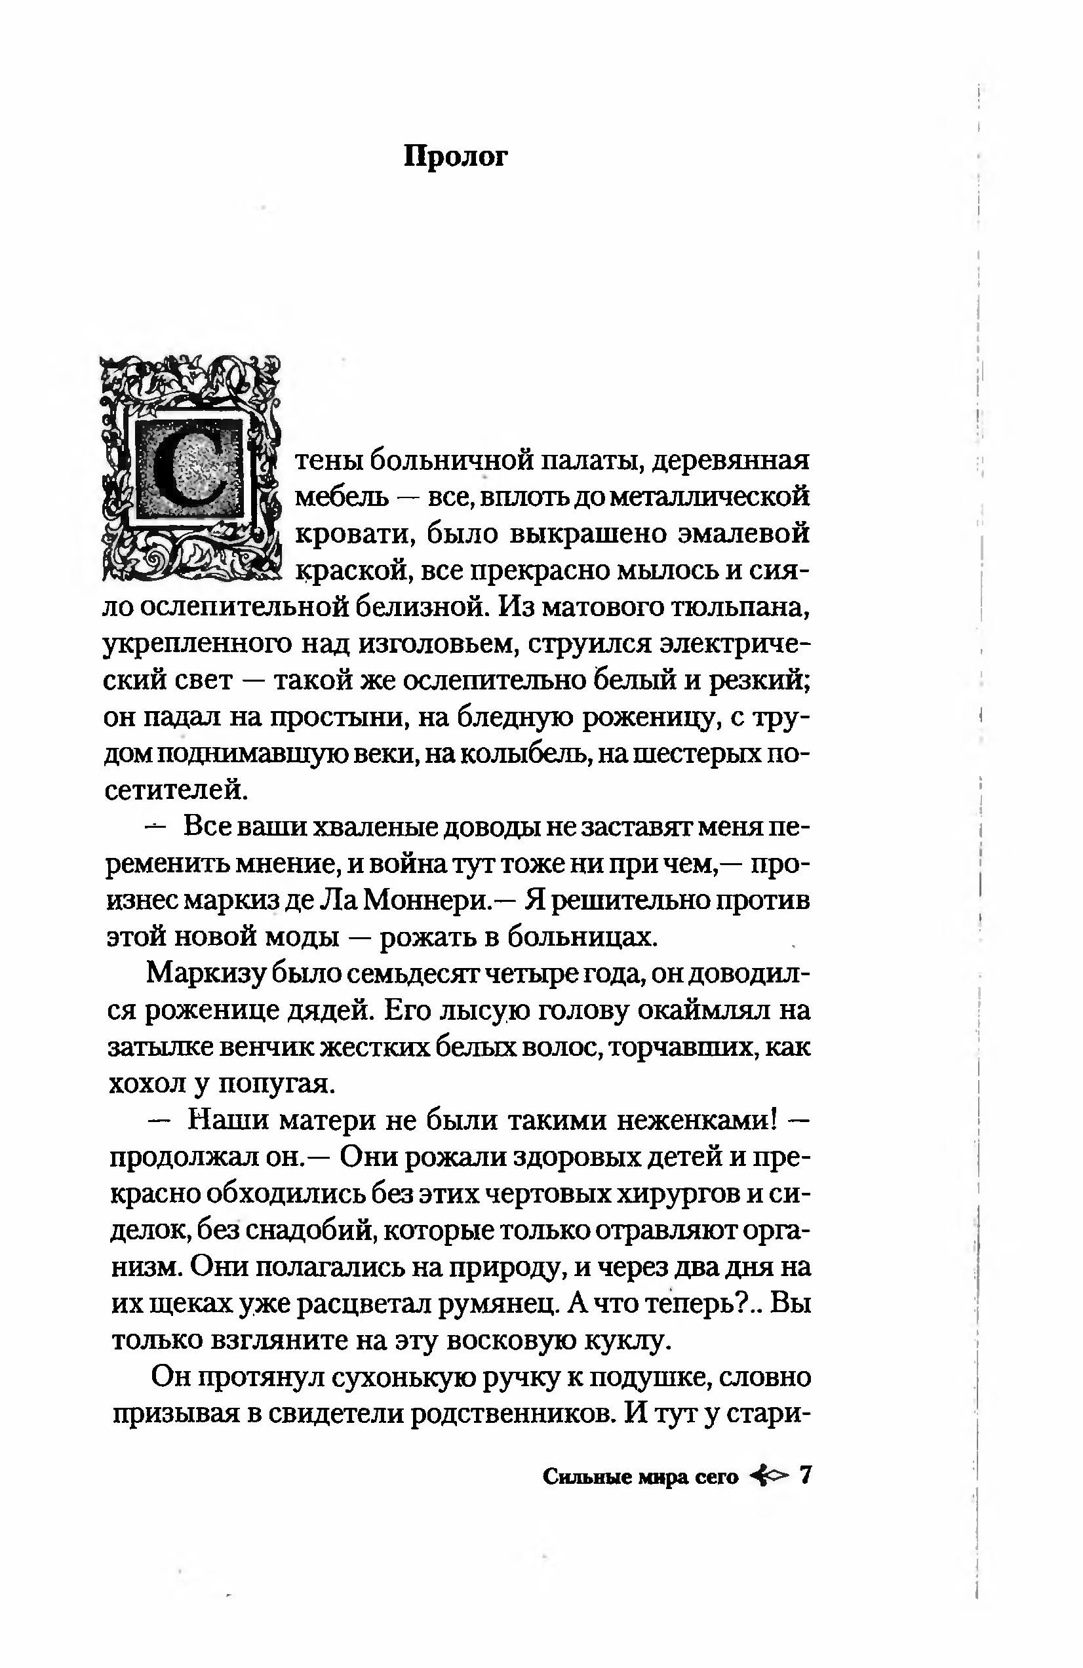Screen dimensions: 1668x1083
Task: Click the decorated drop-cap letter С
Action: [190, 469]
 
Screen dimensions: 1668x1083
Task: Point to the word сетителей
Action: [176, 790]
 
